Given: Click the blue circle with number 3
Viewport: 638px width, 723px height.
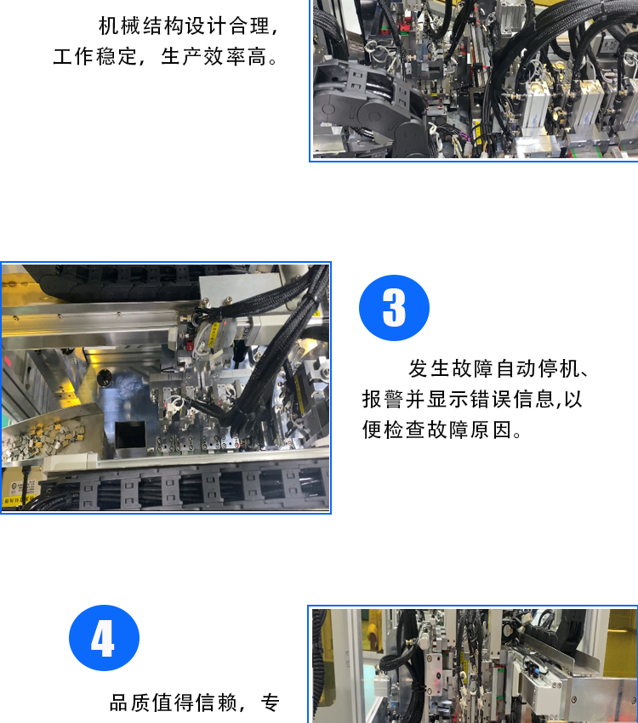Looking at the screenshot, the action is (x=394, y=308).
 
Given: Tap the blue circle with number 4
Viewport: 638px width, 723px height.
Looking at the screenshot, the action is (x=104, y=638).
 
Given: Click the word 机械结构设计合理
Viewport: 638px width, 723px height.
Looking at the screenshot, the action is (x=184, y=26).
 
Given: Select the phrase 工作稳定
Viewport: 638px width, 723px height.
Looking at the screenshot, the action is (x=95, y=57).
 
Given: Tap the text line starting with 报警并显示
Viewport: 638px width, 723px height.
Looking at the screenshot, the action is (x=472, y=399).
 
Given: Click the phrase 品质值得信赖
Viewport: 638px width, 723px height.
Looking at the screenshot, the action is (x=174, y=703).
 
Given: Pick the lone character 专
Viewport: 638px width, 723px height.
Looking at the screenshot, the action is (x=271, y=703).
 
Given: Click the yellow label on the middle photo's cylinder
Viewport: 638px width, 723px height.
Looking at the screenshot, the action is (x=213, y=335).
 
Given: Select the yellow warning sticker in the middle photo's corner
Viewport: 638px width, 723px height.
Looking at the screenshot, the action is (x=19, y=499).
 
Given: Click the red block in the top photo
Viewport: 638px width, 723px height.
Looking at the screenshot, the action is (x=405, y=25).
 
